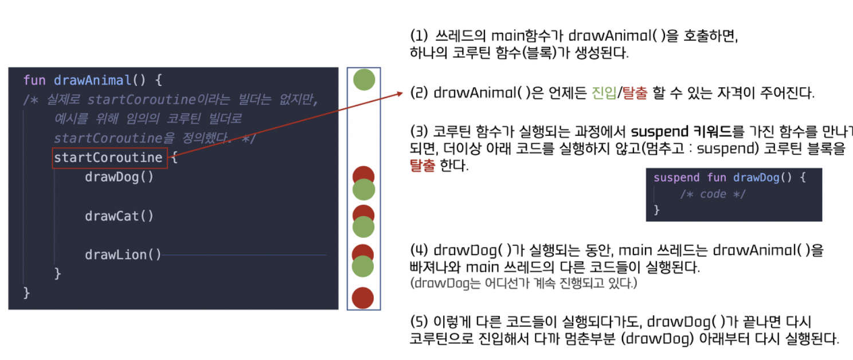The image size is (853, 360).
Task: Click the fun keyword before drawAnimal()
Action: (35, 80)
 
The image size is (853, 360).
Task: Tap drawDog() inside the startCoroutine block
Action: (119, 177)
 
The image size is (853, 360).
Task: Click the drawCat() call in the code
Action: (119, 216)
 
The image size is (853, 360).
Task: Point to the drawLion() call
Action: (123, 255)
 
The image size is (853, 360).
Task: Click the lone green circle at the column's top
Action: (363, 79)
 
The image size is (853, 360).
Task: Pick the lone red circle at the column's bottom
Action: (363, 298)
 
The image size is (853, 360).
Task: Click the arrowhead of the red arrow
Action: (401, 92)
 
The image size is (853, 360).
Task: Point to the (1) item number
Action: (419, 36)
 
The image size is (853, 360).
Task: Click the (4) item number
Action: (419, 251)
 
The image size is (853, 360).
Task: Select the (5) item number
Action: (419, 322)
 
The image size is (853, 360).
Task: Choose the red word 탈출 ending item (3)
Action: (423, 166)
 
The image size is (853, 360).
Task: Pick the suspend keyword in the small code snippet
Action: (676, 178)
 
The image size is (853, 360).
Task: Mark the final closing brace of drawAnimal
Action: (26, 293)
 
